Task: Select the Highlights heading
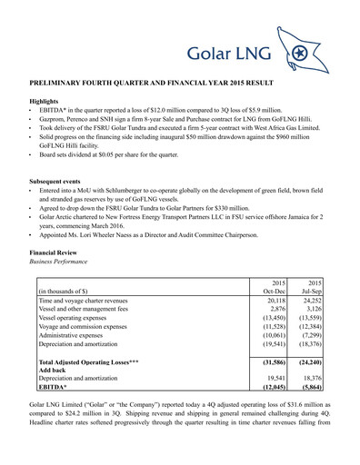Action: point(46,102)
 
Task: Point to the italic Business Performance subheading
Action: point(65,260)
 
